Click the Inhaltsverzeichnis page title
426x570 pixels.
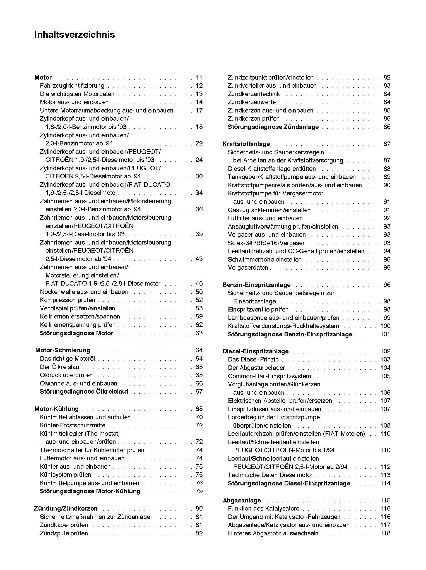pos(74,35)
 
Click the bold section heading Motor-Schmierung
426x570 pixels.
pos(63,350)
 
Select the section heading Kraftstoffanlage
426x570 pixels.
pos(246,144)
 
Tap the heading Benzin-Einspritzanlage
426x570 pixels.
pos(256,285)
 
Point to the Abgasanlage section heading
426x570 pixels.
pos(242,500)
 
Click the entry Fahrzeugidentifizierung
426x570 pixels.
pos(72,86)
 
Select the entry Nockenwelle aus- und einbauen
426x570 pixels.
pos(84,292)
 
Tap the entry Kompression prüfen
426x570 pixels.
pos(68,300)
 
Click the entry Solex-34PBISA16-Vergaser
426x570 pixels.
pos(266,243)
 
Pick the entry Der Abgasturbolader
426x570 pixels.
pos(256,368)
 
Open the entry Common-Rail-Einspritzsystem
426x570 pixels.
pos(269,376)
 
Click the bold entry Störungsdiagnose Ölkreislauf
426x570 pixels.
pos(84,392)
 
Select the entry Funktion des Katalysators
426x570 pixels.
pos(263,509)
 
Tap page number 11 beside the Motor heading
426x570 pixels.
pos(199,78)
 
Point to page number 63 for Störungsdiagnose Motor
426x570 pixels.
pos(199,333)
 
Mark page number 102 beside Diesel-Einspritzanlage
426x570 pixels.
pos(385,351)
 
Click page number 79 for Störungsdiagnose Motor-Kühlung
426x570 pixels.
pos(199,491)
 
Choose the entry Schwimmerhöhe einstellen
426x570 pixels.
pos(264,260)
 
